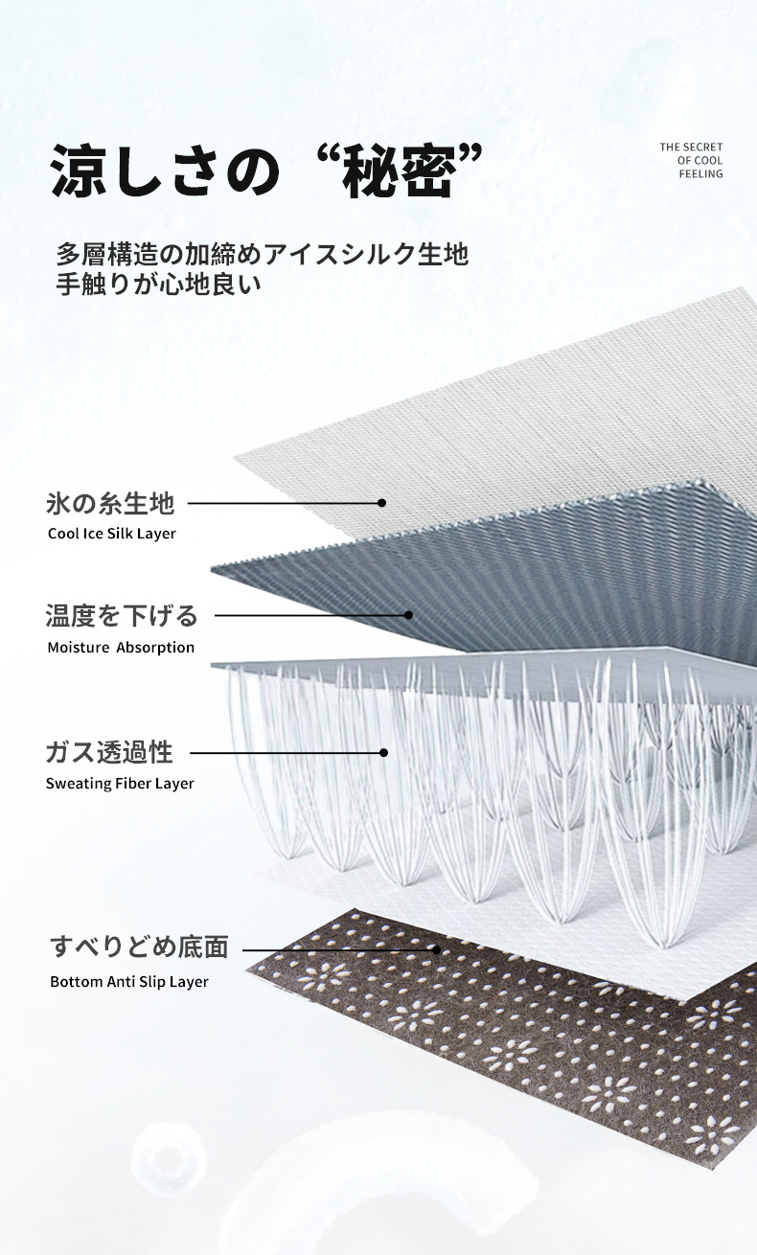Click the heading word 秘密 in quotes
tap(399, 171)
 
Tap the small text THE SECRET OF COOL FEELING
tap(691, 160)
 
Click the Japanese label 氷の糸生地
tap(110, 503)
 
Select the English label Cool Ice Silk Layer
tap(111, 534)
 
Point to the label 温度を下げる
tap(122, 615)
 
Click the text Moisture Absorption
tap(121, 647)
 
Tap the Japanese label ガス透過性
tap(109, 752)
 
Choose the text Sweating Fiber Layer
tap(120, 784)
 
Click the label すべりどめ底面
tap(140, 947)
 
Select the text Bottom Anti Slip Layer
tap(128, 982)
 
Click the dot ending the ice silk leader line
tap(381, 503)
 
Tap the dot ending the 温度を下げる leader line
tap(408, 615)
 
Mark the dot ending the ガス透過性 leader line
tap(383, 752)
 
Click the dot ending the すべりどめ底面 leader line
tap(436, 949)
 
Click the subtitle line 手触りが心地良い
tap(158, 284)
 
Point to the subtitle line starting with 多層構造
tap(263, 254)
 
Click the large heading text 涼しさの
tap(165, 171)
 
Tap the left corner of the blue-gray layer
tap(212, 569)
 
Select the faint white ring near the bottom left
tap(169, 1158)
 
